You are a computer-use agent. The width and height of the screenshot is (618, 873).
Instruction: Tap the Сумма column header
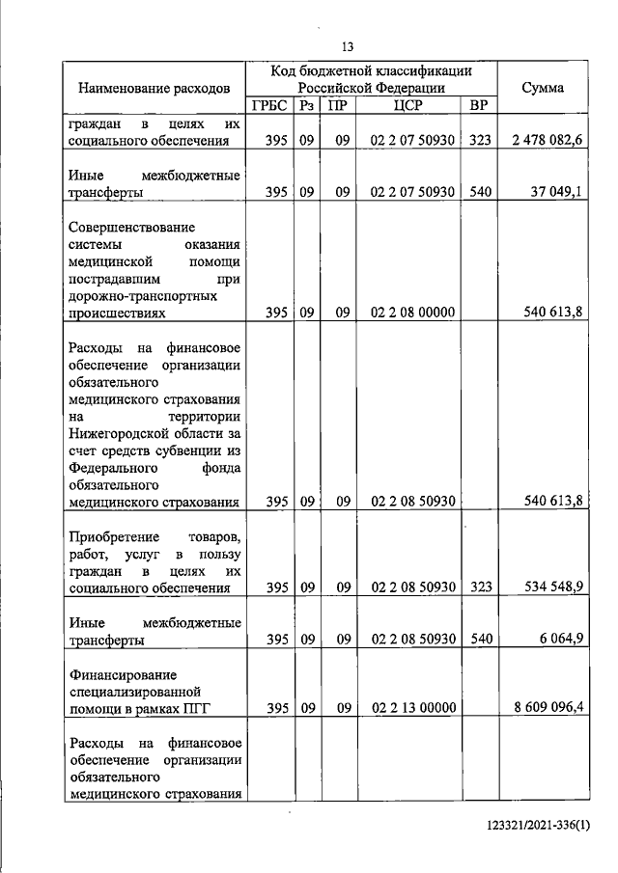click(x=543, y=88)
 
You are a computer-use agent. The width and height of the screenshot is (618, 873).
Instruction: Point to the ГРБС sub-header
click(x=269, y=106)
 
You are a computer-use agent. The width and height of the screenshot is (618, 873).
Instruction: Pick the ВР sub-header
click(x=479, y=106)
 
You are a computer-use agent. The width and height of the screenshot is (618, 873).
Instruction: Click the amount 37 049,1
click(x=557, y=192)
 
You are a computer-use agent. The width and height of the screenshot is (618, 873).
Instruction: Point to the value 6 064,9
click(x=560, y=639)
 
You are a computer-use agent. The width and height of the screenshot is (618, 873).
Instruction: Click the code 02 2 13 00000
click(x=411, y=709)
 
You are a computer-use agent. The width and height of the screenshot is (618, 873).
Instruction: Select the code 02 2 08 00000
click(x=411, y=314)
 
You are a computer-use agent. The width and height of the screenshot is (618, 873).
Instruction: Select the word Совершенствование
click(x=131, y=228)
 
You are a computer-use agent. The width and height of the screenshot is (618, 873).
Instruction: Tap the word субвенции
click(x=185, y=450)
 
